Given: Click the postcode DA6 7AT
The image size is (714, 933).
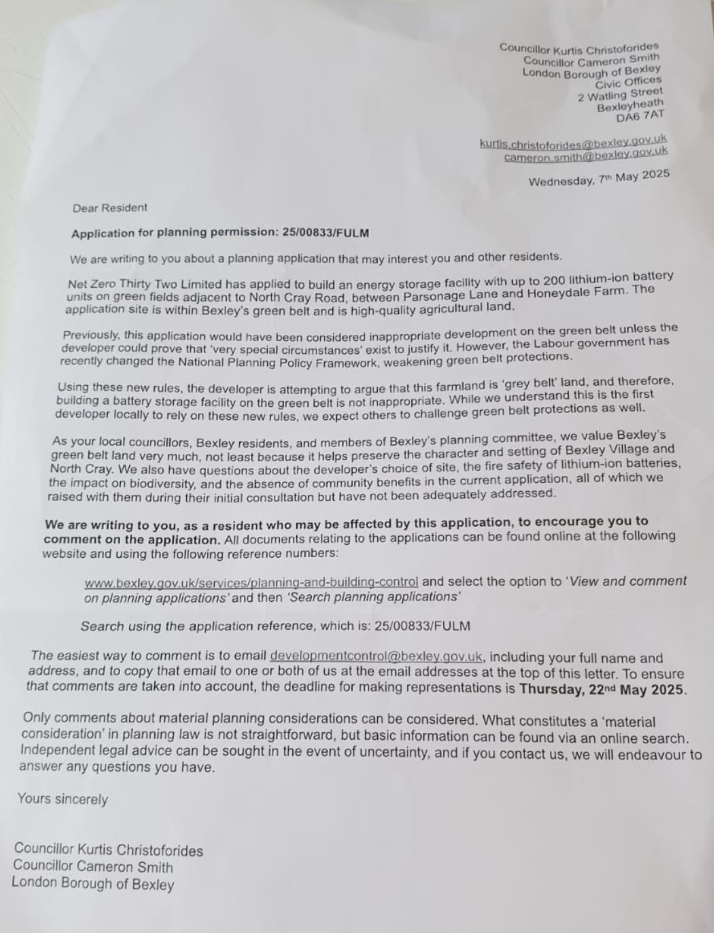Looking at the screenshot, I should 640,116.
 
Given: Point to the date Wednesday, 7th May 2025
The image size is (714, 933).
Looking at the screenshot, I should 598,178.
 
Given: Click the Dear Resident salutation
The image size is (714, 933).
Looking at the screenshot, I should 110,208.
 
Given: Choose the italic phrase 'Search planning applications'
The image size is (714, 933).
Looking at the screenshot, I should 373,597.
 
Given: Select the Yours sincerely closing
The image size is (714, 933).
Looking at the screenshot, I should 62,799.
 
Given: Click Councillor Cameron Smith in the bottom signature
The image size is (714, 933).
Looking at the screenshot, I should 93,866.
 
